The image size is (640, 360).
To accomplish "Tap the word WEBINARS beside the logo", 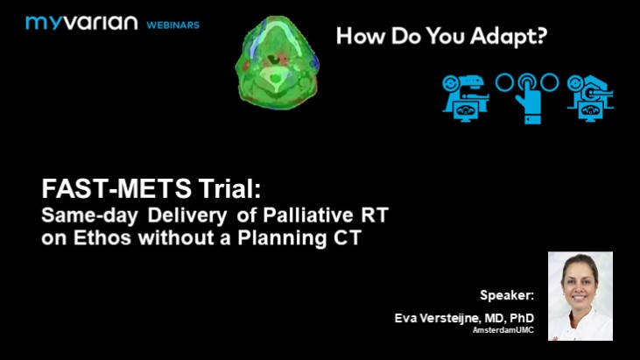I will tap(172, 25).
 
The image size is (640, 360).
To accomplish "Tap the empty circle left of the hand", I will tap(504, 82).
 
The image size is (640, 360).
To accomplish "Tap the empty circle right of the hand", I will tap(549, 82).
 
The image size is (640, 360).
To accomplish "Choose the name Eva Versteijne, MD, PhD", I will tap(465, 318).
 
